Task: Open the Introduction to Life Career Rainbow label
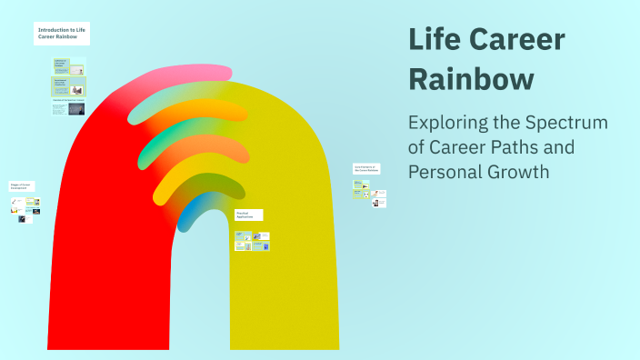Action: [x=62, y=34]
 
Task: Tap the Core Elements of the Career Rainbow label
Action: [x=367, y=169]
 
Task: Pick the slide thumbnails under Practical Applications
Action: [x=252, y=241]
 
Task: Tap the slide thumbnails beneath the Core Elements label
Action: [x=370, y=193]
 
